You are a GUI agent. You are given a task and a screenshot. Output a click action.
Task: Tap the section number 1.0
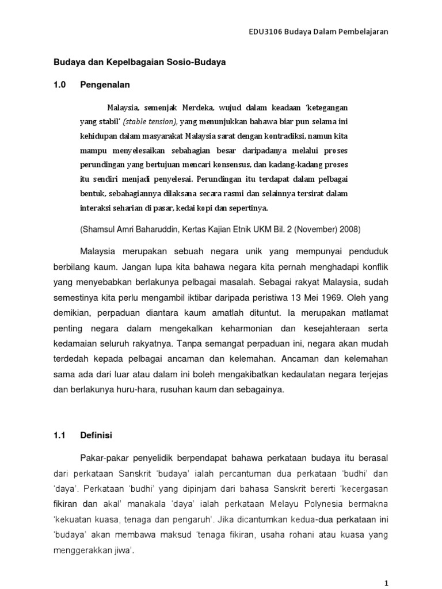point(60,85)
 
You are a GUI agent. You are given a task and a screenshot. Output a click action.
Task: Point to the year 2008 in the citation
point(350,229)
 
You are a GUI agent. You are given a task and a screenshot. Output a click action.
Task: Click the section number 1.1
point(60,435)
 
